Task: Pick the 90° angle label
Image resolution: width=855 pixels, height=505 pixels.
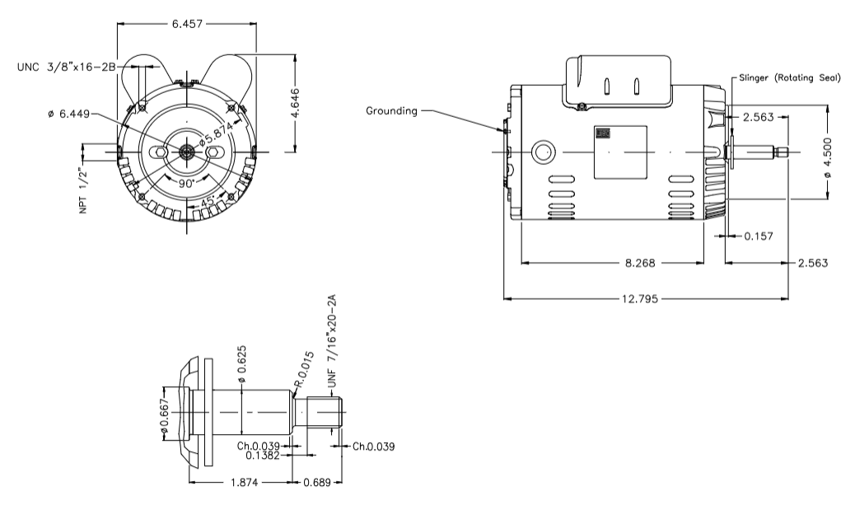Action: point(188,183)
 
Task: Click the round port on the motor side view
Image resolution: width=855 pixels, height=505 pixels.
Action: point(543,152)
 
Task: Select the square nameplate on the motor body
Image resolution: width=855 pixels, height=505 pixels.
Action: point(619,152)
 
